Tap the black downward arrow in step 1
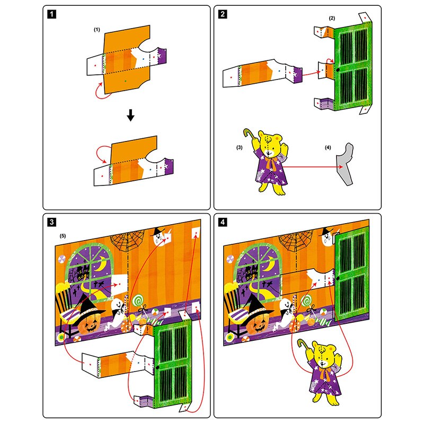pos(128,115)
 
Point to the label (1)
pos(97,30)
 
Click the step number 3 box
pos(51,222)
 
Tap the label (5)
pos(63,234)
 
